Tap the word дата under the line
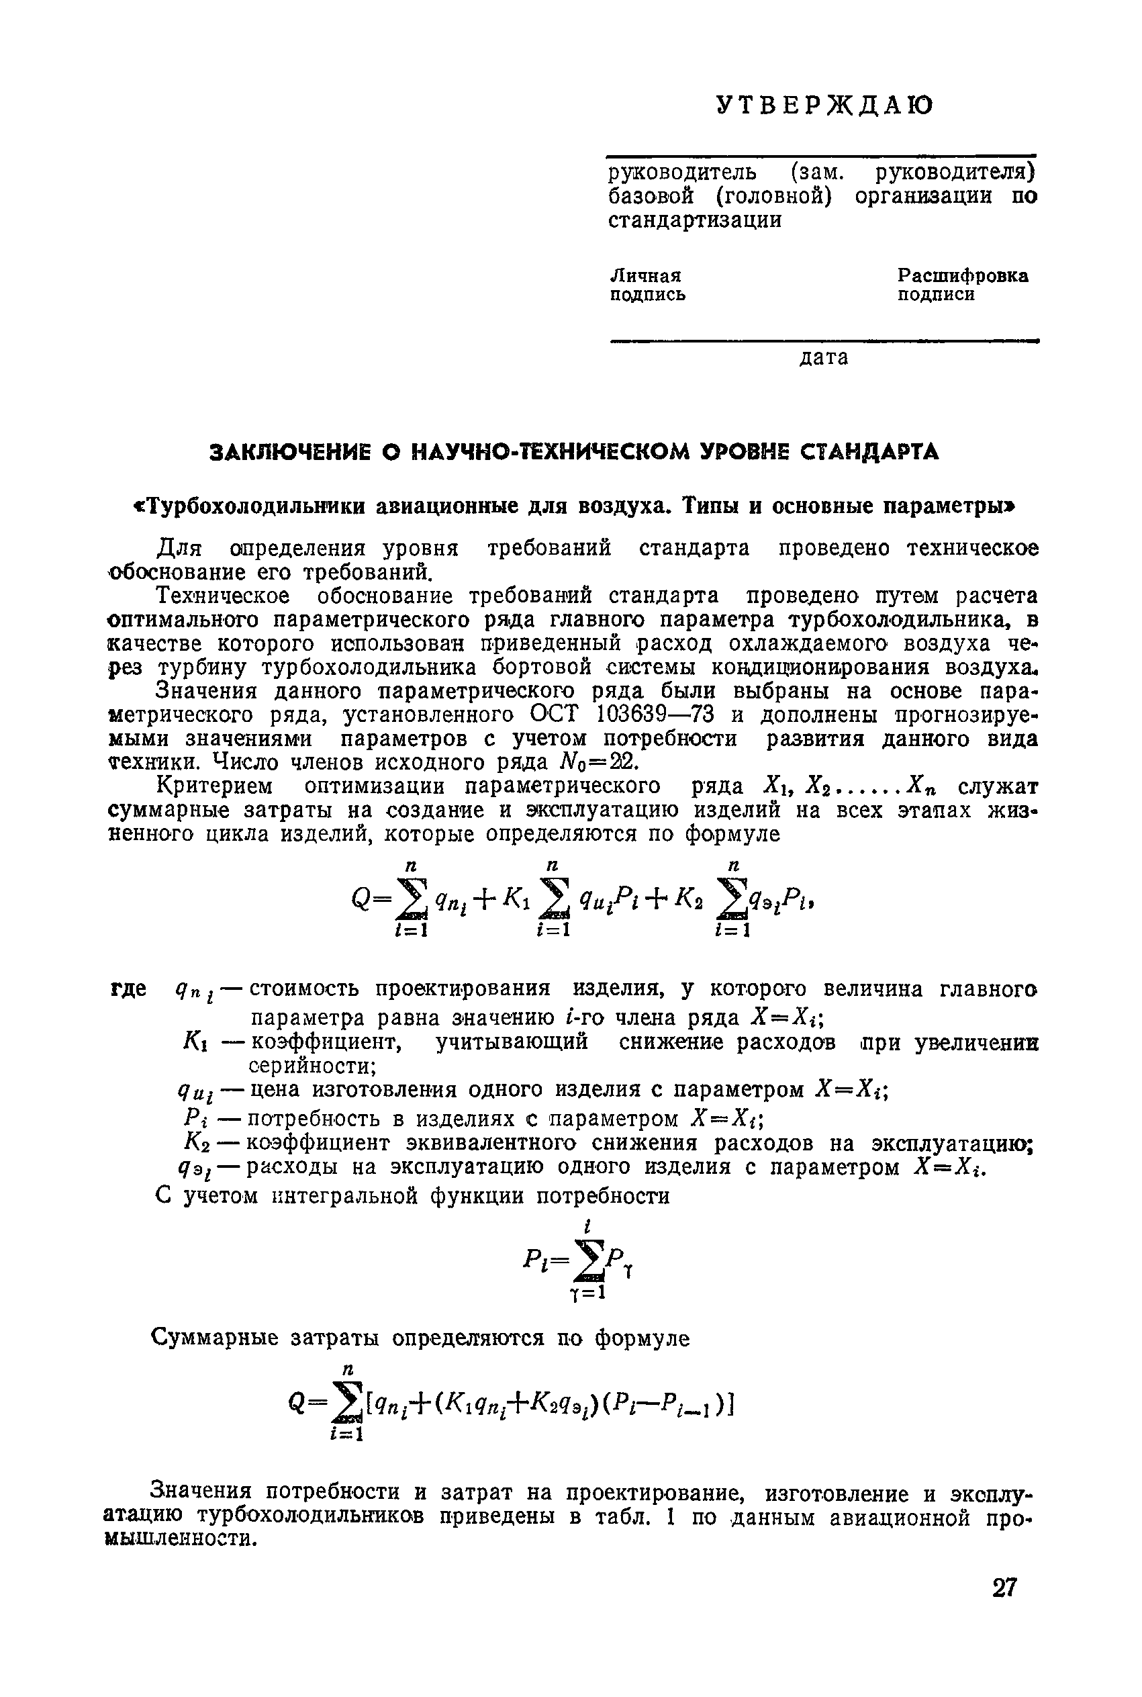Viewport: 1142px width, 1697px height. point(824,358)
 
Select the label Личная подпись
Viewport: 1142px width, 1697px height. point(647,285)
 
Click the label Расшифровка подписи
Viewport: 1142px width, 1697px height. point(962,285)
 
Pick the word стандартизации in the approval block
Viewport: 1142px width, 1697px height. point(695,221)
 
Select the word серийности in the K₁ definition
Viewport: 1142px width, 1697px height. point(312,1066)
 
